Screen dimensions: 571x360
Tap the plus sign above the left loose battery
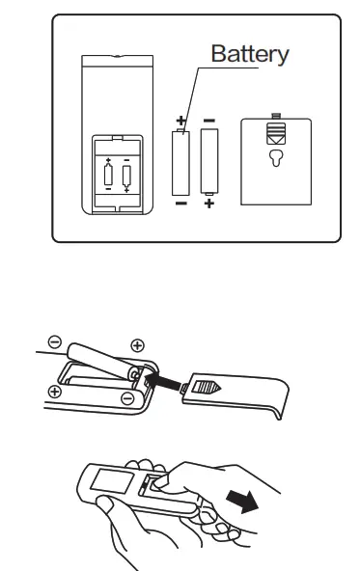click(x=180, y=122)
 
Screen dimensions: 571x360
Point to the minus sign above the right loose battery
click(x=209, y=122)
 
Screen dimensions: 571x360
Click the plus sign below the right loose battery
click(x=209, y=204)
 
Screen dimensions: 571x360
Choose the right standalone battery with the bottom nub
click(x=209, y=163)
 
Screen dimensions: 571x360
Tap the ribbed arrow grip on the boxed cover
click(x=277, y=135)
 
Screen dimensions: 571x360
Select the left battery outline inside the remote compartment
click(x=109, y=175)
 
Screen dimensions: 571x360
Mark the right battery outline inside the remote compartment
click(x=126, y=175)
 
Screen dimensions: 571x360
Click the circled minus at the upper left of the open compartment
click(x=55, y=340)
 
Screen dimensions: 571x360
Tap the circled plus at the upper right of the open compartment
click(x=137, y=344)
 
